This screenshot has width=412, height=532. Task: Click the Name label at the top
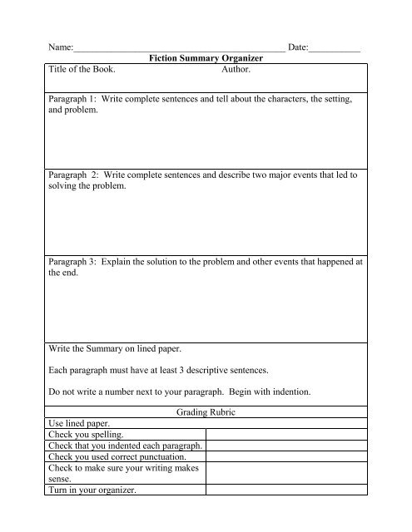click(61, 47)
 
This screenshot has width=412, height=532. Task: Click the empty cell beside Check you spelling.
click(286, 433)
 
